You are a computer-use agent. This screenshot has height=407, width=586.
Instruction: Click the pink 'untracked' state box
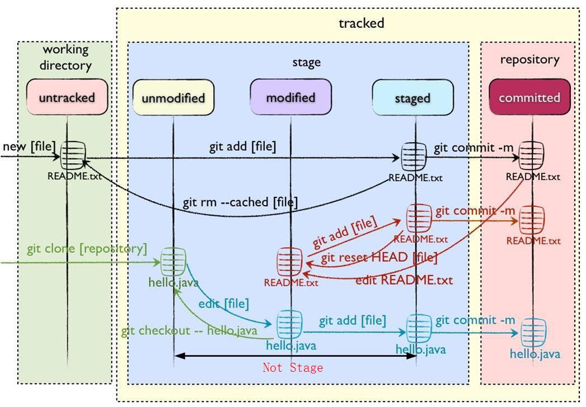67,97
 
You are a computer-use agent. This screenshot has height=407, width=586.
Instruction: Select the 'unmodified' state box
173,98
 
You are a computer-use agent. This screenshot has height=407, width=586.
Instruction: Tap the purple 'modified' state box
290,97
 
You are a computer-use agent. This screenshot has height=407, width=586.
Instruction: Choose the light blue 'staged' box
412,98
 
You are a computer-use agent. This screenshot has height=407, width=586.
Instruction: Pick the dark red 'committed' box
529,97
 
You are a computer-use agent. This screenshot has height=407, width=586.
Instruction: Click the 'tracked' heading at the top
361,23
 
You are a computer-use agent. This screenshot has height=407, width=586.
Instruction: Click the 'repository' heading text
529,59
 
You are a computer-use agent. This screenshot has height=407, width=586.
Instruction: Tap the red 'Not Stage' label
293,367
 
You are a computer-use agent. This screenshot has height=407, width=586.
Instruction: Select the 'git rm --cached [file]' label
240,202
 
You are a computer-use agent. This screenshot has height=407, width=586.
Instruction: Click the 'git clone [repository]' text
87,248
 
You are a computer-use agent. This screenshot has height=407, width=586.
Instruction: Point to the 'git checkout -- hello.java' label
189,330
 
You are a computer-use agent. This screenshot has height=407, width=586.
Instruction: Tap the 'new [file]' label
29,146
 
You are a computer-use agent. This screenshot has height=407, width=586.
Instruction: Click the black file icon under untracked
73,155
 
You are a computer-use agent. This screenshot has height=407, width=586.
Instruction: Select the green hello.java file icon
174,261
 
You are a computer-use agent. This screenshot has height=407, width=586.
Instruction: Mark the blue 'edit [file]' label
223,304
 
